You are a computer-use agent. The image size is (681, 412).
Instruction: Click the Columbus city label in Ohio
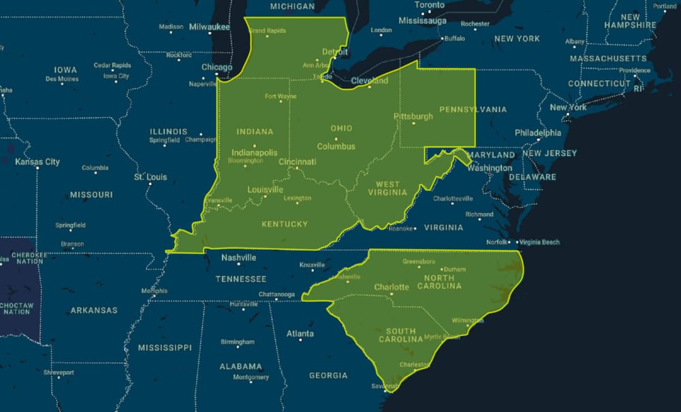pos(336,146)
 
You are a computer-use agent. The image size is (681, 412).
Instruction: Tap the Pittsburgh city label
pos(413,116)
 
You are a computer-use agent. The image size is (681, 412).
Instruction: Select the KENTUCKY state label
pos(284,224)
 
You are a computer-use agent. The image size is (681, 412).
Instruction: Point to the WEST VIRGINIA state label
pos(388,188)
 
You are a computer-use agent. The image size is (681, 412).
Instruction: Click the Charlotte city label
pos(392,287)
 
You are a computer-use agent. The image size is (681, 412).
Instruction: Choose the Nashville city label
pos(238,257)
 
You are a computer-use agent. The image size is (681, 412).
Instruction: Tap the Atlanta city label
pos(300,333)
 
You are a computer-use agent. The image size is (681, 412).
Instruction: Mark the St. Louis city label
pos(150,177)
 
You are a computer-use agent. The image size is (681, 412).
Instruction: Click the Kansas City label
pos(37,162)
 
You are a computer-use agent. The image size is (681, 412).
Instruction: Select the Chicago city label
pos(217,68)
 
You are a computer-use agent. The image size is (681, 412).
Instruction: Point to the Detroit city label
pos(335,52)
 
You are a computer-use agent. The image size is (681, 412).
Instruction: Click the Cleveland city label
pos(370,81)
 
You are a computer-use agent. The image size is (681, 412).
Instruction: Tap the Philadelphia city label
pos(537,132)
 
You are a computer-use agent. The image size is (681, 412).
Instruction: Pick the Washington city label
pos(490,168)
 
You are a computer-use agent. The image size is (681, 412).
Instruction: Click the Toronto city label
pos(429,5)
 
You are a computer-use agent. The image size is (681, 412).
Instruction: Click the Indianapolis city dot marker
pos(255,146)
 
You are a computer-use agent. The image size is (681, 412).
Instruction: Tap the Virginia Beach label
pos(539,242)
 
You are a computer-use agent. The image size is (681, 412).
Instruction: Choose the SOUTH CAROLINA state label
pos(401,335)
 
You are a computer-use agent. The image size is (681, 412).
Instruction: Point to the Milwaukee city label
pos(209,26)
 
